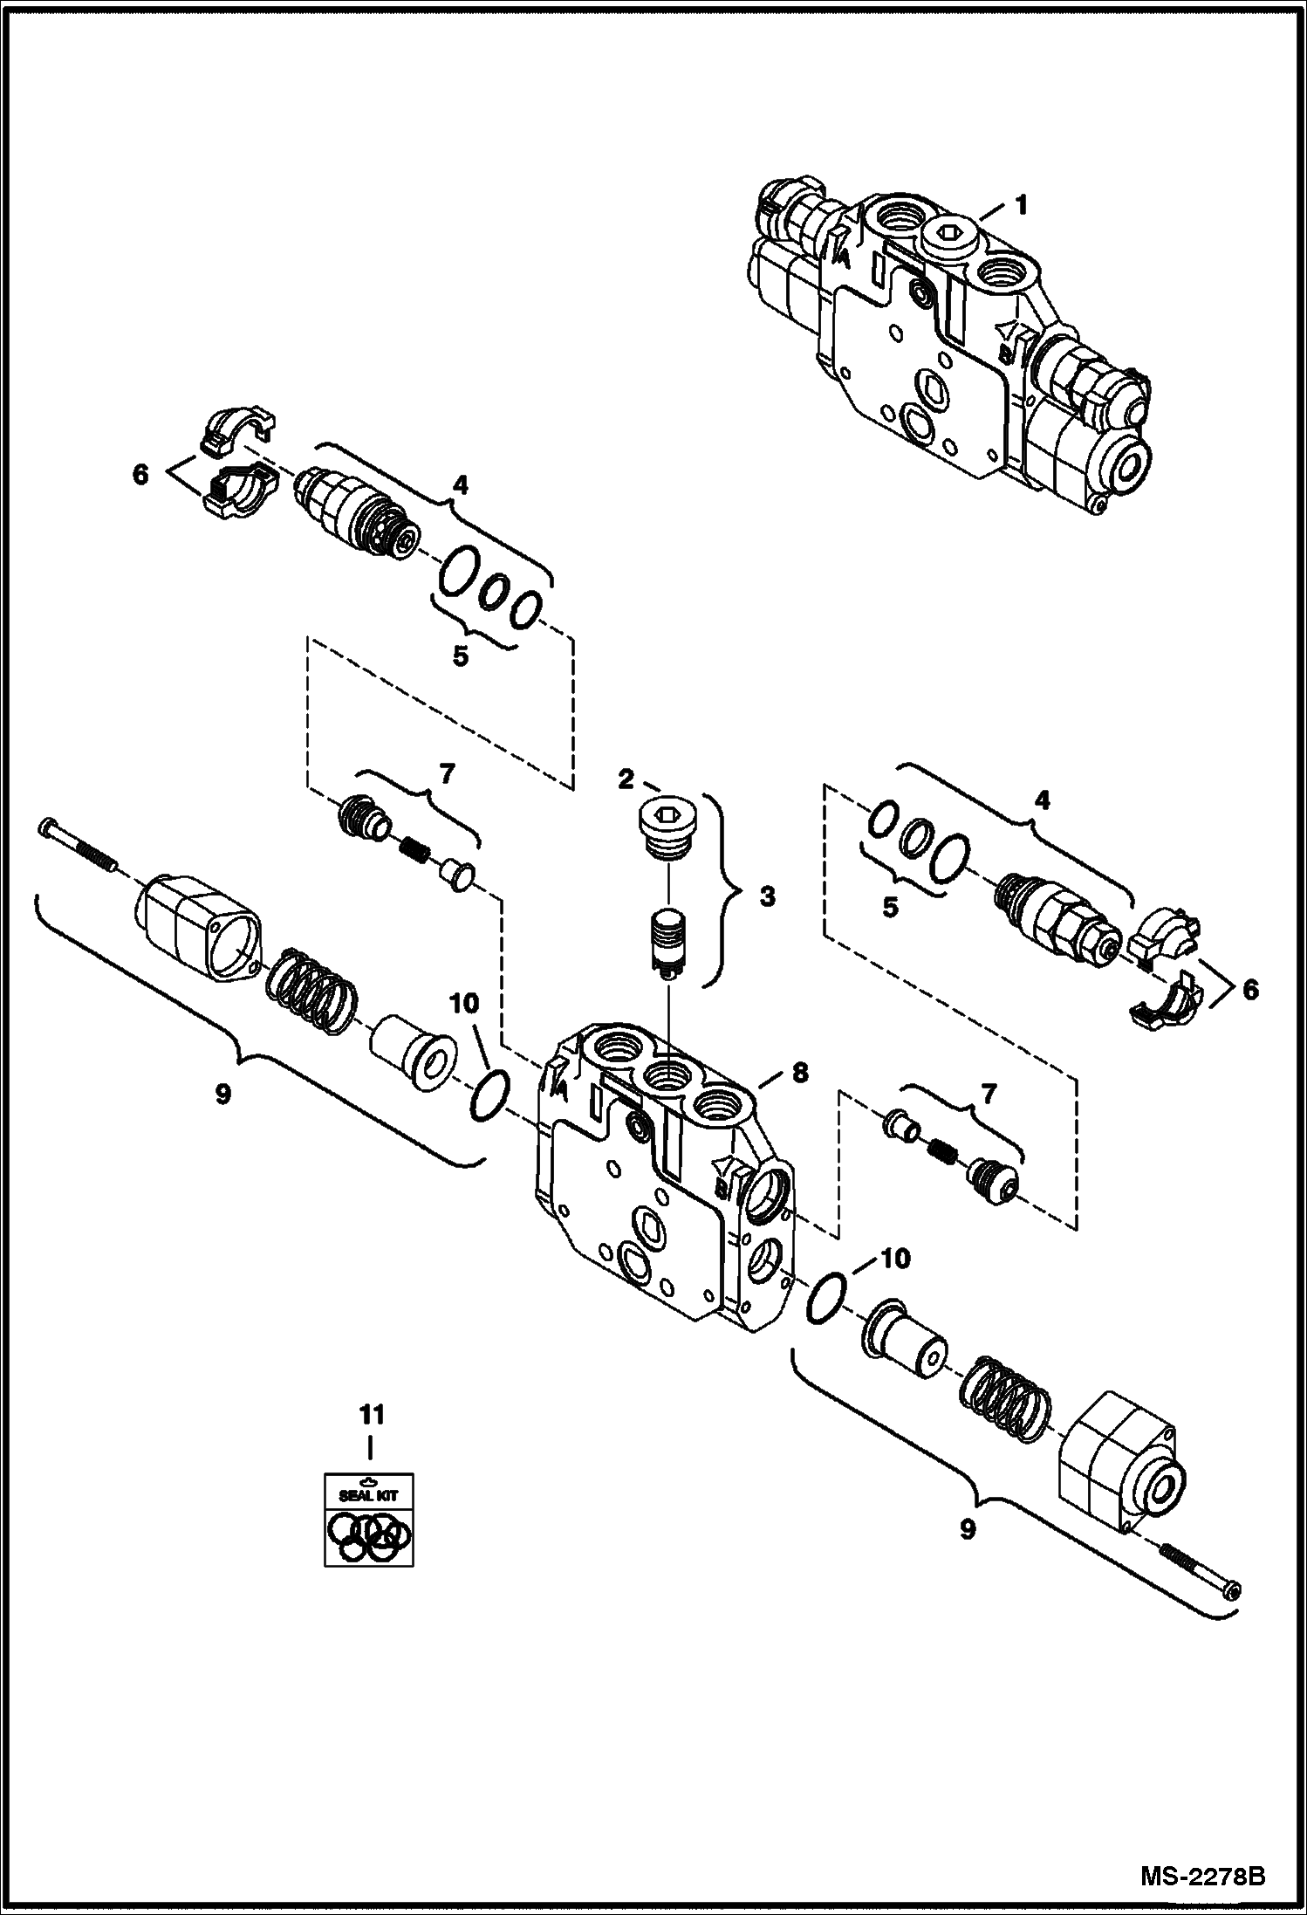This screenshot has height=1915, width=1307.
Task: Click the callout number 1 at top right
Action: click(x=1020, y=207)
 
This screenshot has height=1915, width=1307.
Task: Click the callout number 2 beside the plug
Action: click(x=626, y=779)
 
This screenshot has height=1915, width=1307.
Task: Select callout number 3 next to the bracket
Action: click(x=766, y=896)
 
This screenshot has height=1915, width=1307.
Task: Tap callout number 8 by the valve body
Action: click(x=800, y=1073)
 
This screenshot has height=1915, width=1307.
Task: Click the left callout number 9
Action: click(x=222, y=1094)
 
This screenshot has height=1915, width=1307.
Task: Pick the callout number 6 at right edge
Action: click(x=1250, y=990)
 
